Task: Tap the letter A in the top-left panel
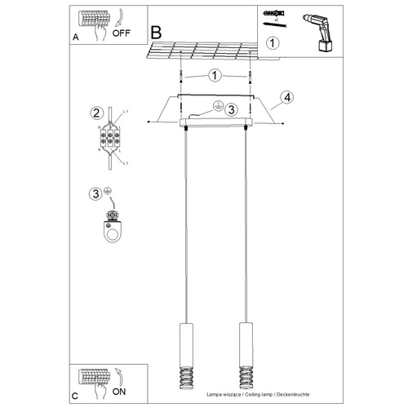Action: tap(76, 37)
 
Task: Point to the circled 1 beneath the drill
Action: tap(273, 42)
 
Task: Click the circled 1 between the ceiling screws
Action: tap(214, 76)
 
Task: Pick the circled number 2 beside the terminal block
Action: tap(95, 113)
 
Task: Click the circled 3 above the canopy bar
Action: tap(231, 109)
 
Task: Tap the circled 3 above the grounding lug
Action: tap(95, 193)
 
